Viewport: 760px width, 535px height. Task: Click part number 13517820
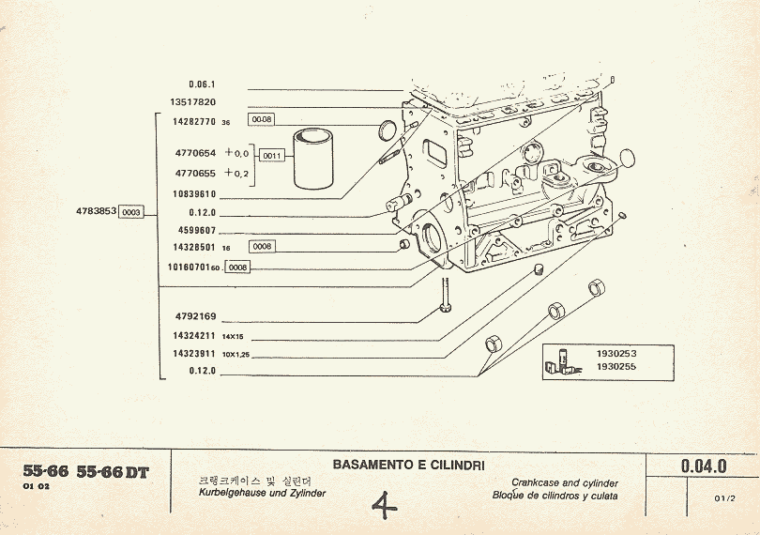[x=194, y=101]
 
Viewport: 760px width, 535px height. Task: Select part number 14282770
[x=194, y=121]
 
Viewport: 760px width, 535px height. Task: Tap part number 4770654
[x=195, y=152]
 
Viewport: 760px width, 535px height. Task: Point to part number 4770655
[x=195, y=173]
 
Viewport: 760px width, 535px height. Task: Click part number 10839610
[x=194, y=193]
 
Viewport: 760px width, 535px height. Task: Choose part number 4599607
[x=196, y=230]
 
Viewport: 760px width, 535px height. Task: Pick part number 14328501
[x=194, y=247]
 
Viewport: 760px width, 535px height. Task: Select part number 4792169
[x=195, y=316]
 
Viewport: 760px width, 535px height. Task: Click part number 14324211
[x=194, y=335]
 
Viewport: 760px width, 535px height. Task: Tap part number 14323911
[x=194, y=354]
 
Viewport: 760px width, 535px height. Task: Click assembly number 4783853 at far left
[x=96, y=212]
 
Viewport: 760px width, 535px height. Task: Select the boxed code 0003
[x=131, y=212]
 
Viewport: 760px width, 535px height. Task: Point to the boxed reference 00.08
[x=260, y=119]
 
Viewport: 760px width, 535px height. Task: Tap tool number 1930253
[x=616, y=354]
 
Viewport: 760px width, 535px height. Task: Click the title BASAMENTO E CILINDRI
[x=394, y=464]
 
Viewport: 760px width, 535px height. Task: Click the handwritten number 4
[x=384, y=507]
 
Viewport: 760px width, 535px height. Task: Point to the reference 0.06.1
[x=202, y=84]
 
